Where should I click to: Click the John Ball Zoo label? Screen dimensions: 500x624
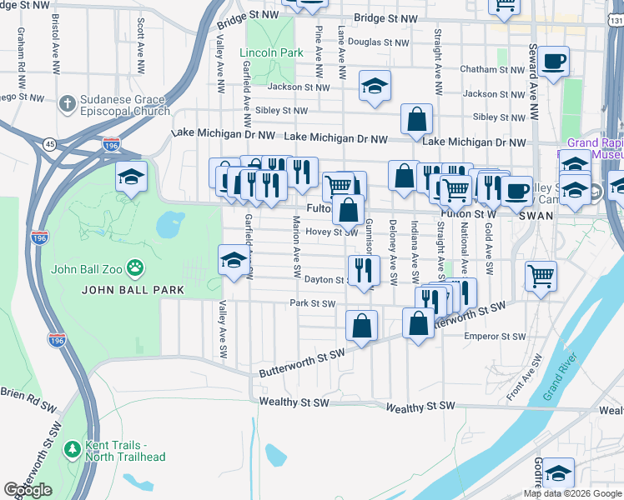(86, 268)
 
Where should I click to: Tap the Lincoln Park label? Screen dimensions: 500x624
(271, 52)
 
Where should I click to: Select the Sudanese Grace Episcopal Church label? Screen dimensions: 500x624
(124, 104)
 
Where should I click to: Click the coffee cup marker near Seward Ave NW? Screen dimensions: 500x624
(553, 61)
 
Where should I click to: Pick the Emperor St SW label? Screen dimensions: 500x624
(495, 337)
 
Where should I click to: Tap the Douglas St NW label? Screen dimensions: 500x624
(379, 42)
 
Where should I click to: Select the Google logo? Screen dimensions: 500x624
(28, 490)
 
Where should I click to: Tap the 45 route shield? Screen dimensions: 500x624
(52, 144)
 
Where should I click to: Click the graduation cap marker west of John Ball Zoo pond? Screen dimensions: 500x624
(132, 177)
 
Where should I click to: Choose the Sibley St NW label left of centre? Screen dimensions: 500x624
(282, 110)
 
